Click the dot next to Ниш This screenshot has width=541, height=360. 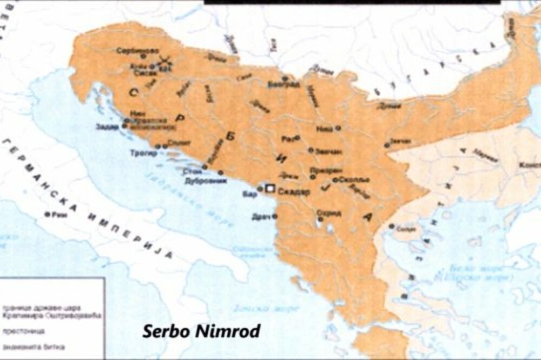click(338, 128)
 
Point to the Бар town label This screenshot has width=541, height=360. click(249, 192)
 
